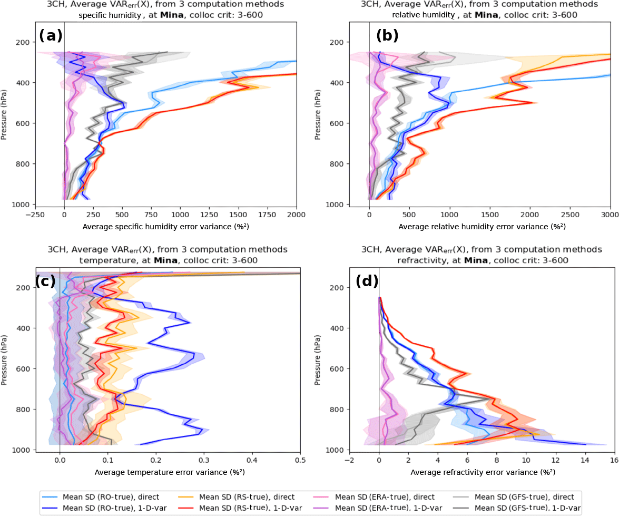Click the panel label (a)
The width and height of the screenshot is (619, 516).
click(x=51, y=36)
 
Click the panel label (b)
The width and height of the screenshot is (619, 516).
click(x=387, y=36)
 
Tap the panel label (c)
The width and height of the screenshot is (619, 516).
click(x=46, y=281)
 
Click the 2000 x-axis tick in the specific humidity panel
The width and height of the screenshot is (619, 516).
click(x=297, y=215)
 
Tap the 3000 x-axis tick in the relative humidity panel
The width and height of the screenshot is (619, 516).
click(x=610, y=215)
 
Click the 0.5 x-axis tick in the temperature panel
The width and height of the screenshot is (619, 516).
click(x=300, y=460)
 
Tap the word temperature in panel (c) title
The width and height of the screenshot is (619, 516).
click(x=101, y=260)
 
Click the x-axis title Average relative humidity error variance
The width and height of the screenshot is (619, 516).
click(x=478, y=227)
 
